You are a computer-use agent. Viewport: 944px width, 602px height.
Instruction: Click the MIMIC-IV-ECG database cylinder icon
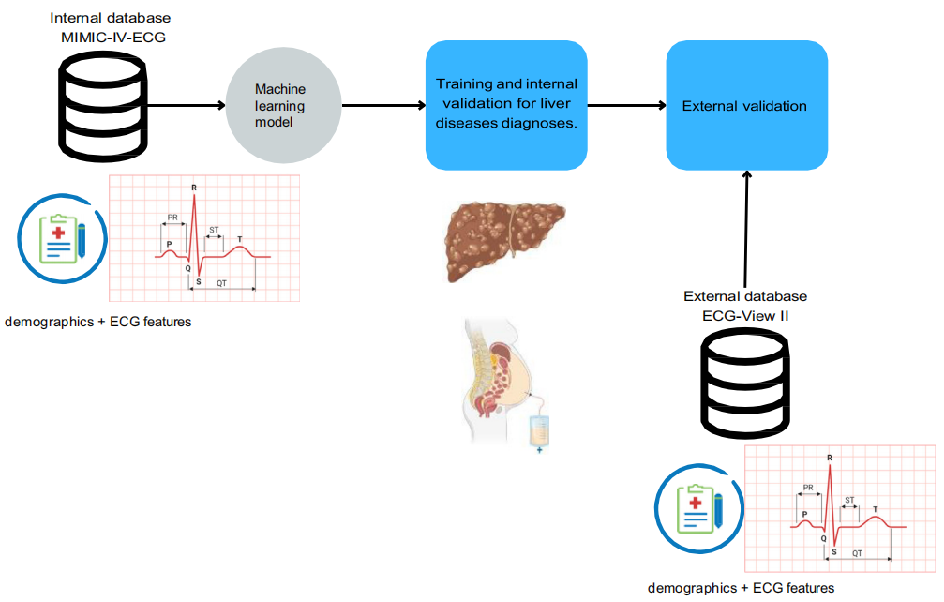(103, 107)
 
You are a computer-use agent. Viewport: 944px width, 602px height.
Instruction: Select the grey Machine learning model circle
(283, 105)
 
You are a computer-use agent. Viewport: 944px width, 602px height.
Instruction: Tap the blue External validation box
(746, 105)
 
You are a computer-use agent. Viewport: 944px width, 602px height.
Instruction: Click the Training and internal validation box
(506, 105)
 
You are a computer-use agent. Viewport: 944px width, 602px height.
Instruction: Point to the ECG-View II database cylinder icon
(745, 384)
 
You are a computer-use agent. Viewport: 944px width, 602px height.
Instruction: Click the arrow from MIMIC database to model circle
(187, 105)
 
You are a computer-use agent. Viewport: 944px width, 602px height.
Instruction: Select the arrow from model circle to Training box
(383, 105)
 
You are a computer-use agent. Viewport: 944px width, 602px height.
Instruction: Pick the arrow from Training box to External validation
(627, 105)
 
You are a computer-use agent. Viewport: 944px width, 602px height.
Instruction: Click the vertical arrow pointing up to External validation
(746, 229)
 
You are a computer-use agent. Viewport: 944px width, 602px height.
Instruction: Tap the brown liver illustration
(504, 241)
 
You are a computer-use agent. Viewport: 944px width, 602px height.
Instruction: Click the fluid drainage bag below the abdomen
(539, 431)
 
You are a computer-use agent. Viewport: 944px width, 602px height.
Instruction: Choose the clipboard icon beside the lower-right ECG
(699, 508)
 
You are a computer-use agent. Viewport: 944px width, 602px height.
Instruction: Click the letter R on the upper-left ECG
(194, 188)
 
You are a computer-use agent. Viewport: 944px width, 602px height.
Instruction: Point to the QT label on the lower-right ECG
(858, 553)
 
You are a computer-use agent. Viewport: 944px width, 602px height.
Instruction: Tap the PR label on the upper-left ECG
(172, 218)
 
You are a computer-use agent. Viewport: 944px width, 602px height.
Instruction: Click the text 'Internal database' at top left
(111, 18)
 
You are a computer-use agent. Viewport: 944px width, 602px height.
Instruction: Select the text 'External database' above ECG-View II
(745, 296)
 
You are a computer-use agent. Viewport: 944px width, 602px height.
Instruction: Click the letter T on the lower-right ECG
(876, 509)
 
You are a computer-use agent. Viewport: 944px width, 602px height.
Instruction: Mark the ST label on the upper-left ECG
(214, 230)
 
